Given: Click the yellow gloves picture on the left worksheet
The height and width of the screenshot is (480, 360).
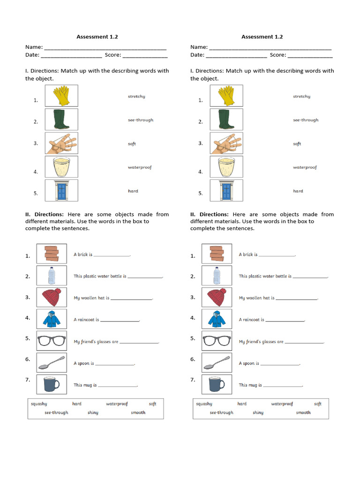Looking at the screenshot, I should click(x=61, y=96).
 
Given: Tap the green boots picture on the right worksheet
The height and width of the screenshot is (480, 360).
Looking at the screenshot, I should click(x=226, y=120).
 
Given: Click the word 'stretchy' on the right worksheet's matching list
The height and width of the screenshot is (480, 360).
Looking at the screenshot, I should click(x=301, y=97).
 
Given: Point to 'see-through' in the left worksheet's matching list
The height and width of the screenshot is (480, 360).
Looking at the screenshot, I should click(x=141, y=120).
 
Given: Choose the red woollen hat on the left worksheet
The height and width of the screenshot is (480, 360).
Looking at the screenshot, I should click(x=52, y=297).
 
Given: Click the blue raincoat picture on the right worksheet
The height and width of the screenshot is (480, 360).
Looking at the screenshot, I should click(x=217, y=319).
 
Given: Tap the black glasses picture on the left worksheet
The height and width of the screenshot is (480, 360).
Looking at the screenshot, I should click(x=52, y=341).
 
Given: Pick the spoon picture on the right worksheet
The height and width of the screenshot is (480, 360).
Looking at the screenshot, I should click(x=217, y=362).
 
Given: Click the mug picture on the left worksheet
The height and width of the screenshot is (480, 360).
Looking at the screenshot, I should click(x=52, y=384).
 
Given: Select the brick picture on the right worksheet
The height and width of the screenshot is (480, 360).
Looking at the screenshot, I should click(x=217, y=254).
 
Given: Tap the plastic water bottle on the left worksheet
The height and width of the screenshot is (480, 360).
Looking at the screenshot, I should click(x=52, y=276).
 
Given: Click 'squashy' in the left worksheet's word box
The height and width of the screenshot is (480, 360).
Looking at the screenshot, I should click(x=39, y=404).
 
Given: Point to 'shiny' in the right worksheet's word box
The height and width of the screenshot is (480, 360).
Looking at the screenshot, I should click(x=258, y=412).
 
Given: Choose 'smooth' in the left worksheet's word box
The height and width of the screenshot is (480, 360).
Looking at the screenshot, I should click(x=138, y=412).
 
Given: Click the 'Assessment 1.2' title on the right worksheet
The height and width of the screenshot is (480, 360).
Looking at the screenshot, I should click(x=262, y=37).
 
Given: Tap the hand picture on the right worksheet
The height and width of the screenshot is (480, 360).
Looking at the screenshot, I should click(x=226, y=143).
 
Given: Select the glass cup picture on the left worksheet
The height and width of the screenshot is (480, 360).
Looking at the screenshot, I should click(x=61, y=167).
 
